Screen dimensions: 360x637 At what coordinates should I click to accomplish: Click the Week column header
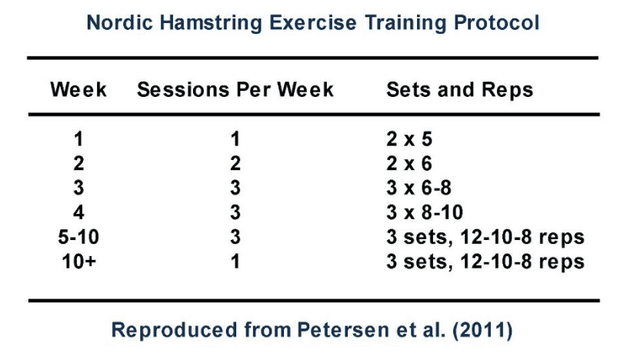pyautogui.click(x=78, y=89)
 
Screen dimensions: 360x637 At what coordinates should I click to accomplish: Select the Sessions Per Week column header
pyautogui.click(x=235, y=89)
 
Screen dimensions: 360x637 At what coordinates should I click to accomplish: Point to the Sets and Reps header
pyautogui.click(x=459, y=89)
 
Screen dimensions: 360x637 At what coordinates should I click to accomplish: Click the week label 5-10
pyautogui.click(x=78, y=237)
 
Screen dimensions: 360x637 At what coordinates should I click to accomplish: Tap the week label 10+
pyautogui.click(x=78, y=262)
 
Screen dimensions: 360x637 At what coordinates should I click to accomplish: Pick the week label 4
pyautogui.click(x=78, y=212)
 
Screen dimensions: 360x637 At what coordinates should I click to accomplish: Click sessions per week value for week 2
pyautogui.click(x=235, y=164)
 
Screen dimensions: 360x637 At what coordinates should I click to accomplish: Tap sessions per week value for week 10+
pyautogui.click(x=235, y=262)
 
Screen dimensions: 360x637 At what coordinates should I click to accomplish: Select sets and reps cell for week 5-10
pyautogui.click(x=485, y=237)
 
